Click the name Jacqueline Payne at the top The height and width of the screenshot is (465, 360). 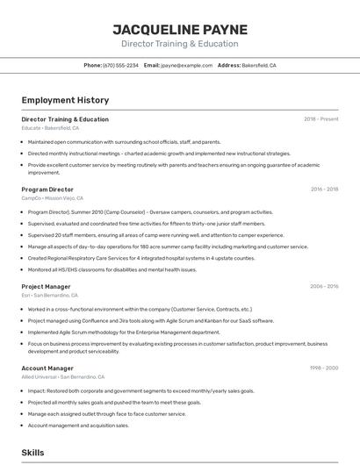click(179, 28)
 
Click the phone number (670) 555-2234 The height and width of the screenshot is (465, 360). click(120, 65)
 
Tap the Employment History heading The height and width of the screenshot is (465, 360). click(65, 101)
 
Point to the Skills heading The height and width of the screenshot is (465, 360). click(33, 452)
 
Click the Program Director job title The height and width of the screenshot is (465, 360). click(47, 190)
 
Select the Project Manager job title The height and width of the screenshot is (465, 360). click(46, 286)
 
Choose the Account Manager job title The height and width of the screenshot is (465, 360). click(47, 368)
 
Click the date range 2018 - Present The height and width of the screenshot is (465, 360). click(320, 119)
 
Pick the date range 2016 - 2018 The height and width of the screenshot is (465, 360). click(324, 190)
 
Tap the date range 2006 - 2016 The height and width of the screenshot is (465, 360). click(324, 286)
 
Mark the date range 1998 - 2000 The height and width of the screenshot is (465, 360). click(324, 368)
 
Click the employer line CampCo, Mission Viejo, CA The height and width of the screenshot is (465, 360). click(54, 198)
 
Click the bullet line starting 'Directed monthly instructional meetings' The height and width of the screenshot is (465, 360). click(159, 153)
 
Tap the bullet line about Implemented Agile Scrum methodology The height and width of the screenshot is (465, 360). click(124, 333)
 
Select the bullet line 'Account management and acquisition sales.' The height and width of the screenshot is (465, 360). click(78, 426)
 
